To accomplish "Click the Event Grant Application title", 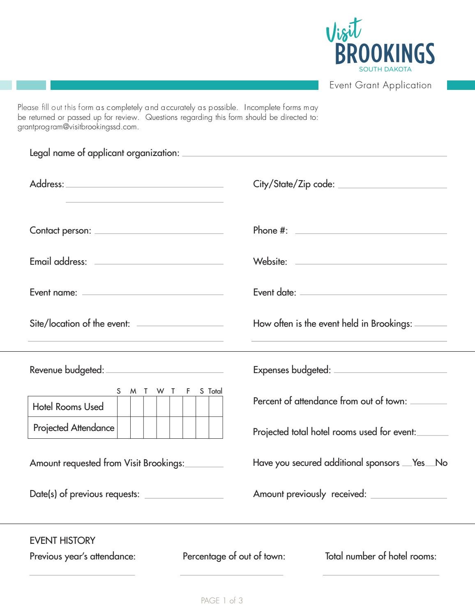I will click(x=380, y=85).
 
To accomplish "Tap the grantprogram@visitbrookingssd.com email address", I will click(x=77, y=127).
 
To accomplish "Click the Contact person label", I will click(x=60, y=231).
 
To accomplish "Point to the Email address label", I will click(x=58, y=262).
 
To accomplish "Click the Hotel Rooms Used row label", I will click(x=68, y=407).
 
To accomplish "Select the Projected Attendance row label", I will click(x=74, y=428).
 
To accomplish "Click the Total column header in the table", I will click(x=215, y=391).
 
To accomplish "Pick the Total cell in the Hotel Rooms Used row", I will click(x=216, y=407).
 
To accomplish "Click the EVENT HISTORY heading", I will click(x=62, y=541).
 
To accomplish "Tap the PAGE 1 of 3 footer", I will click(x=222, y=601).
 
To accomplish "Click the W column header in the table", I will click(x=160, y=391).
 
